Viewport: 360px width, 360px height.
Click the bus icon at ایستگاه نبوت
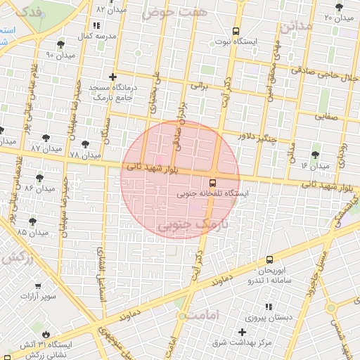click(236, 31)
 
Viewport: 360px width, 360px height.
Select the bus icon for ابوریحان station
click(270, 260)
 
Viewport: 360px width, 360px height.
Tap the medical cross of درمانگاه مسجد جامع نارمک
click(112, 76)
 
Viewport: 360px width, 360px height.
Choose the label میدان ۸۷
click(27, 149)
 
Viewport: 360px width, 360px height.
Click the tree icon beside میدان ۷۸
click(85, 144)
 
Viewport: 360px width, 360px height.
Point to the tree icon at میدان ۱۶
click(314, 155)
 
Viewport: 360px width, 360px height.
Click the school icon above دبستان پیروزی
click(268, 306)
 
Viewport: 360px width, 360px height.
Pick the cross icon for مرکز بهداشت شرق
click(243, 331)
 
